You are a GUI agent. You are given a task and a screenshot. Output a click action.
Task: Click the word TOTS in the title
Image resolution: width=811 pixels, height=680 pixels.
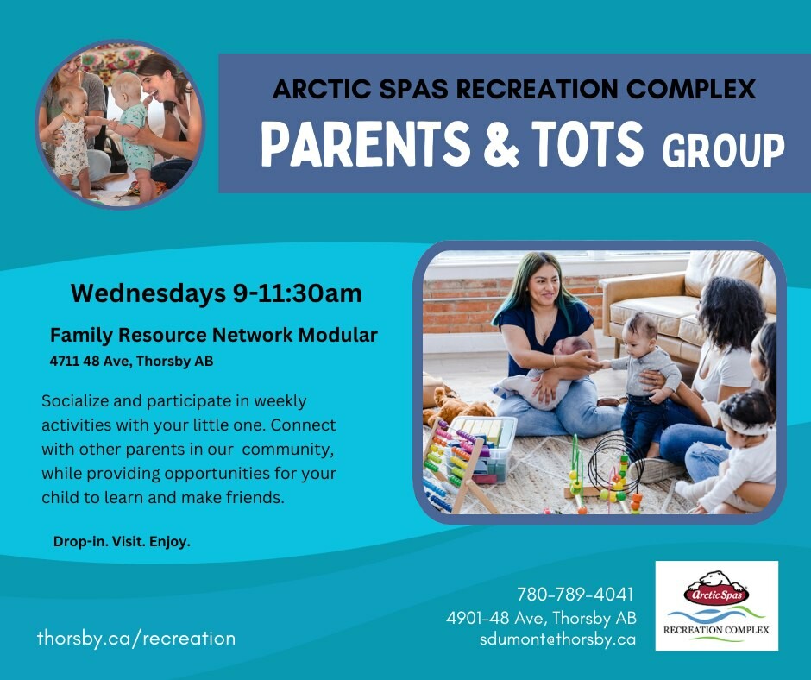tap(587, 143)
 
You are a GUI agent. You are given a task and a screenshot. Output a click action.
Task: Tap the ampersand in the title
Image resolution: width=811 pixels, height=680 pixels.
tap(500, 143)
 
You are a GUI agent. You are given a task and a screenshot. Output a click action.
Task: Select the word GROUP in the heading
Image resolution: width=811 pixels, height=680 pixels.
tap(723, 151)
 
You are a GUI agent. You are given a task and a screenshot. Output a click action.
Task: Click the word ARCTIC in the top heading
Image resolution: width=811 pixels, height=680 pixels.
tap(321, 89)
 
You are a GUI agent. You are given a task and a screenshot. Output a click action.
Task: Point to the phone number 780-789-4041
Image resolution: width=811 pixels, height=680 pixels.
tap(575, 595)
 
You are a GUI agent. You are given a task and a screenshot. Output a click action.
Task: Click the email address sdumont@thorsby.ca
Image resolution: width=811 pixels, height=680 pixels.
tap(557, 639)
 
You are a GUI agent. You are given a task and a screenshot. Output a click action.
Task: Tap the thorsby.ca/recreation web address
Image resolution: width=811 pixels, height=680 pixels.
tap(136, 638)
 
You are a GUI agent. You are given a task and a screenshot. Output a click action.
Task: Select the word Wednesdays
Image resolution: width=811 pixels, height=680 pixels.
tap(148, 293)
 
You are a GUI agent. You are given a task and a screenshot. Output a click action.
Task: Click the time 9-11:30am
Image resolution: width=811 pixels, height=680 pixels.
tap(297, 293)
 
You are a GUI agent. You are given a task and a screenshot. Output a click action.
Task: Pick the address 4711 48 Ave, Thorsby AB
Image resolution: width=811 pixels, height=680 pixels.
tap(131, 362)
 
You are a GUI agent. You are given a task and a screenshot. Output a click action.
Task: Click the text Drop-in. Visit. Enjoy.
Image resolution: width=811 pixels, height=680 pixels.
tap(122, 542)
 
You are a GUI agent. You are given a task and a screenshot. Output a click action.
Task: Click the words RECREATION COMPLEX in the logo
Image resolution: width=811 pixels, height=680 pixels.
tap(716, 630)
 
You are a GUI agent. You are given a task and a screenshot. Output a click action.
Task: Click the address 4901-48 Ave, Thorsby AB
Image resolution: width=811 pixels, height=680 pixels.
tap(541, 617)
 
